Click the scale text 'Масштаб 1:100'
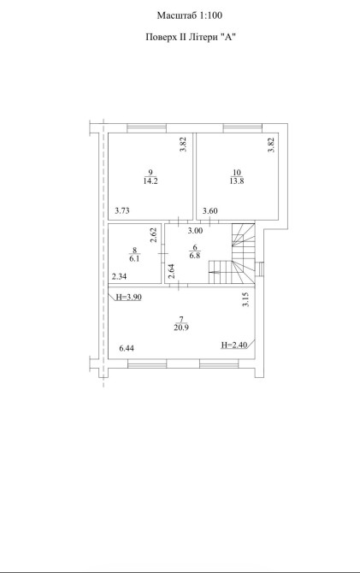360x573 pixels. pos(190,15)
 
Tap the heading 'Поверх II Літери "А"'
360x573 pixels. pos(190,38)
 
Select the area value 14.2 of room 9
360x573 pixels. pos(150,181)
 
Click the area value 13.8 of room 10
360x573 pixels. pos(237,181)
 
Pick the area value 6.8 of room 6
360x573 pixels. pos(195,256)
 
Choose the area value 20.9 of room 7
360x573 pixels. pos(181,328)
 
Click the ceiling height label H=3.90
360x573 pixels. pos(128,297)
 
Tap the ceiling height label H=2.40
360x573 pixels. pos(234,345)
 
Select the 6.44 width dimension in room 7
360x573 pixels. pos(127,348)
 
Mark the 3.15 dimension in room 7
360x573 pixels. pos(246,299)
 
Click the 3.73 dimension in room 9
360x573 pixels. pos(122,210)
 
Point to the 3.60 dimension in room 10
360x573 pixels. pos(210,210)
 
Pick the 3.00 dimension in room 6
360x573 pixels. pos(195,231)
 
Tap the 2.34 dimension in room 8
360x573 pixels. pos(119,276)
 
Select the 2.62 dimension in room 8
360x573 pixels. pos(154,235)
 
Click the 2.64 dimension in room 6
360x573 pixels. pos(171,271)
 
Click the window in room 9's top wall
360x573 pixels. pos(147,128)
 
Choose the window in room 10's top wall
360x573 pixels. pos(243,128)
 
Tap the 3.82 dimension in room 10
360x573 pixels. pos(271,145)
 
